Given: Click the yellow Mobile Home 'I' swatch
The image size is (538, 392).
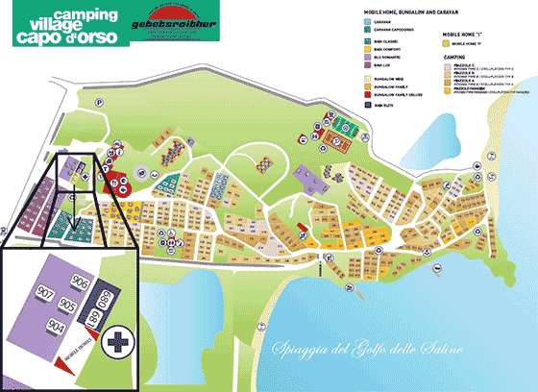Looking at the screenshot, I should coord(445,42).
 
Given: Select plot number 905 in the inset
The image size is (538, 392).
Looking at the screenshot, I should coord(67,305).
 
